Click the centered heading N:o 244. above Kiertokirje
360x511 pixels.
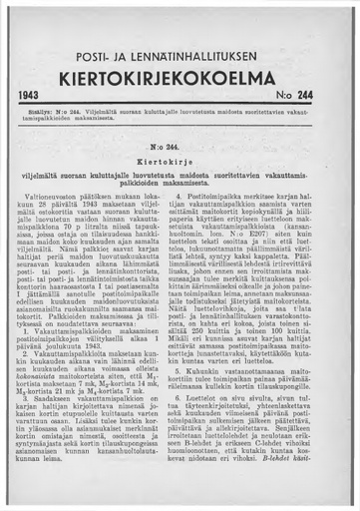[x=180, y=146]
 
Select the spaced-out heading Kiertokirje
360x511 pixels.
[x=180, y=160]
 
